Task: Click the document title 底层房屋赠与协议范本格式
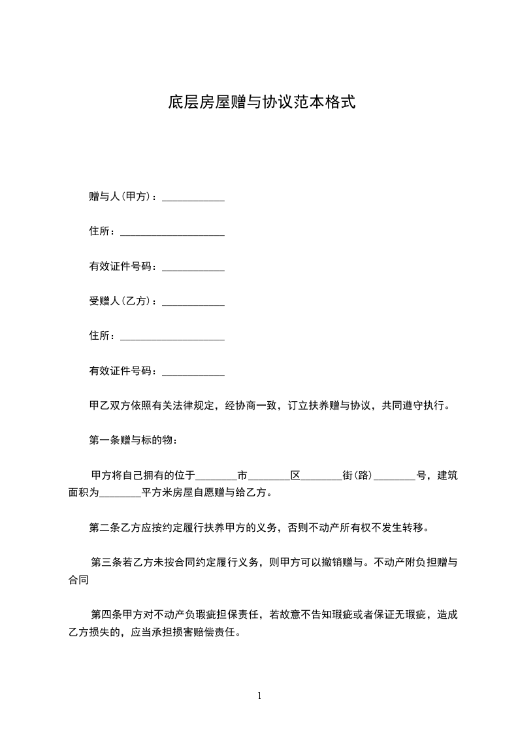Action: [261, 102]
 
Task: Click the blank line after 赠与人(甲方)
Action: [193, 197]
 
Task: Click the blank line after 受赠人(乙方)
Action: [193, 302]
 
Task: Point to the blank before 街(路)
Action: [321, 476]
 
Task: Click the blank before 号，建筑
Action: [395, 476]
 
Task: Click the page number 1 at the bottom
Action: [259, 696]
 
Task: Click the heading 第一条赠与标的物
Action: [133, 440]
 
